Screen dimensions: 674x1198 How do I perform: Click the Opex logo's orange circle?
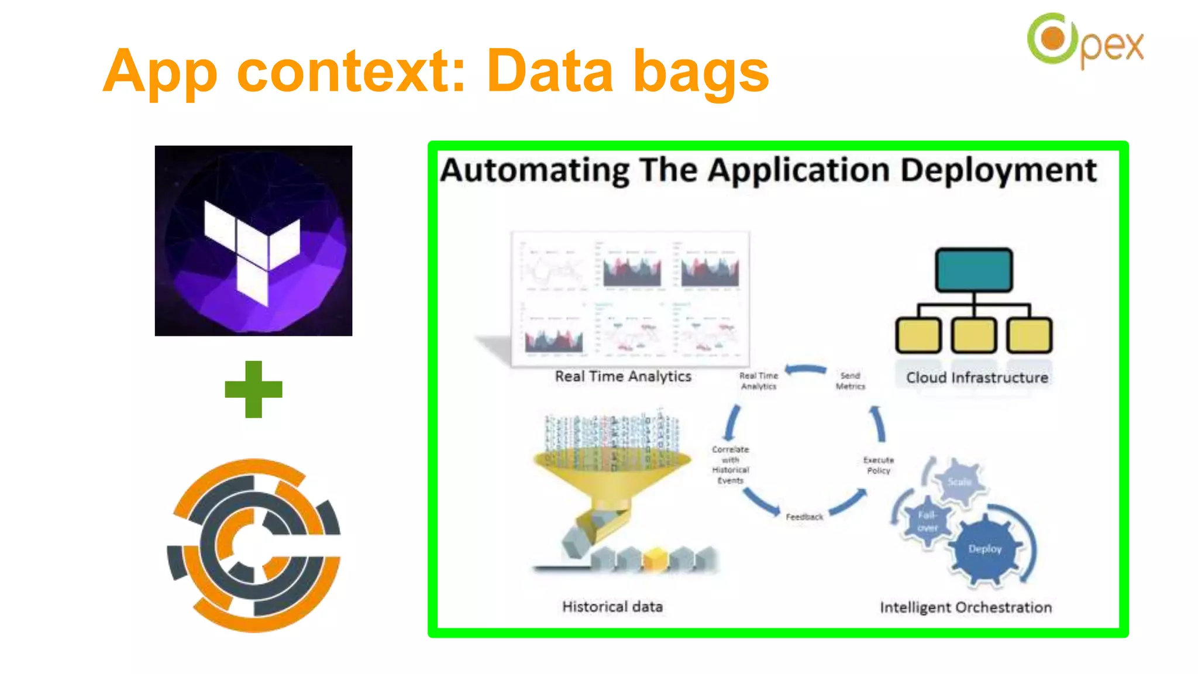click(1054, 39)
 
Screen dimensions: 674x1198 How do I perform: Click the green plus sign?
click(253, 389)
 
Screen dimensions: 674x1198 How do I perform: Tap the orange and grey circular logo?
click(253, 545)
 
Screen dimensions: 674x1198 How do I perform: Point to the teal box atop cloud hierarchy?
click(973, 270)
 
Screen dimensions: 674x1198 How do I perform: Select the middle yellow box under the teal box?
click(973, 335)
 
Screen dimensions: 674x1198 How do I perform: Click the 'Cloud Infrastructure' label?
click(976, 378)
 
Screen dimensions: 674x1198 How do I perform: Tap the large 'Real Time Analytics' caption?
click(623, 376)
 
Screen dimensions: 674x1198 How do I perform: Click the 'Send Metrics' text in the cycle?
click(850, 381)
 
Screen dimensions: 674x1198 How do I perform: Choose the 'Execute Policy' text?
click(878, 465)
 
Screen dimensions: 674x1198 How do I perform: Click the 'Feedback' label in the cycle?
click(804, 517)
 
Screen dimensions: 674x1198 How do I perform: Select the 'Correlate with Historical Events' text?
click(730, 465)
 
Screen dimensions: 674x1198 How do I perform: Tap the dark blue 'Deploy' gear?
click(985, 549)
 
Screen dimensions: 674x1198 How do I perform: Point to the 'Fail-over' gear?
click(927, 521)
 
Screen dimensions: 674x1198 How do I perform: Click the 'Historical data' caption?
click(612, 607)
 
